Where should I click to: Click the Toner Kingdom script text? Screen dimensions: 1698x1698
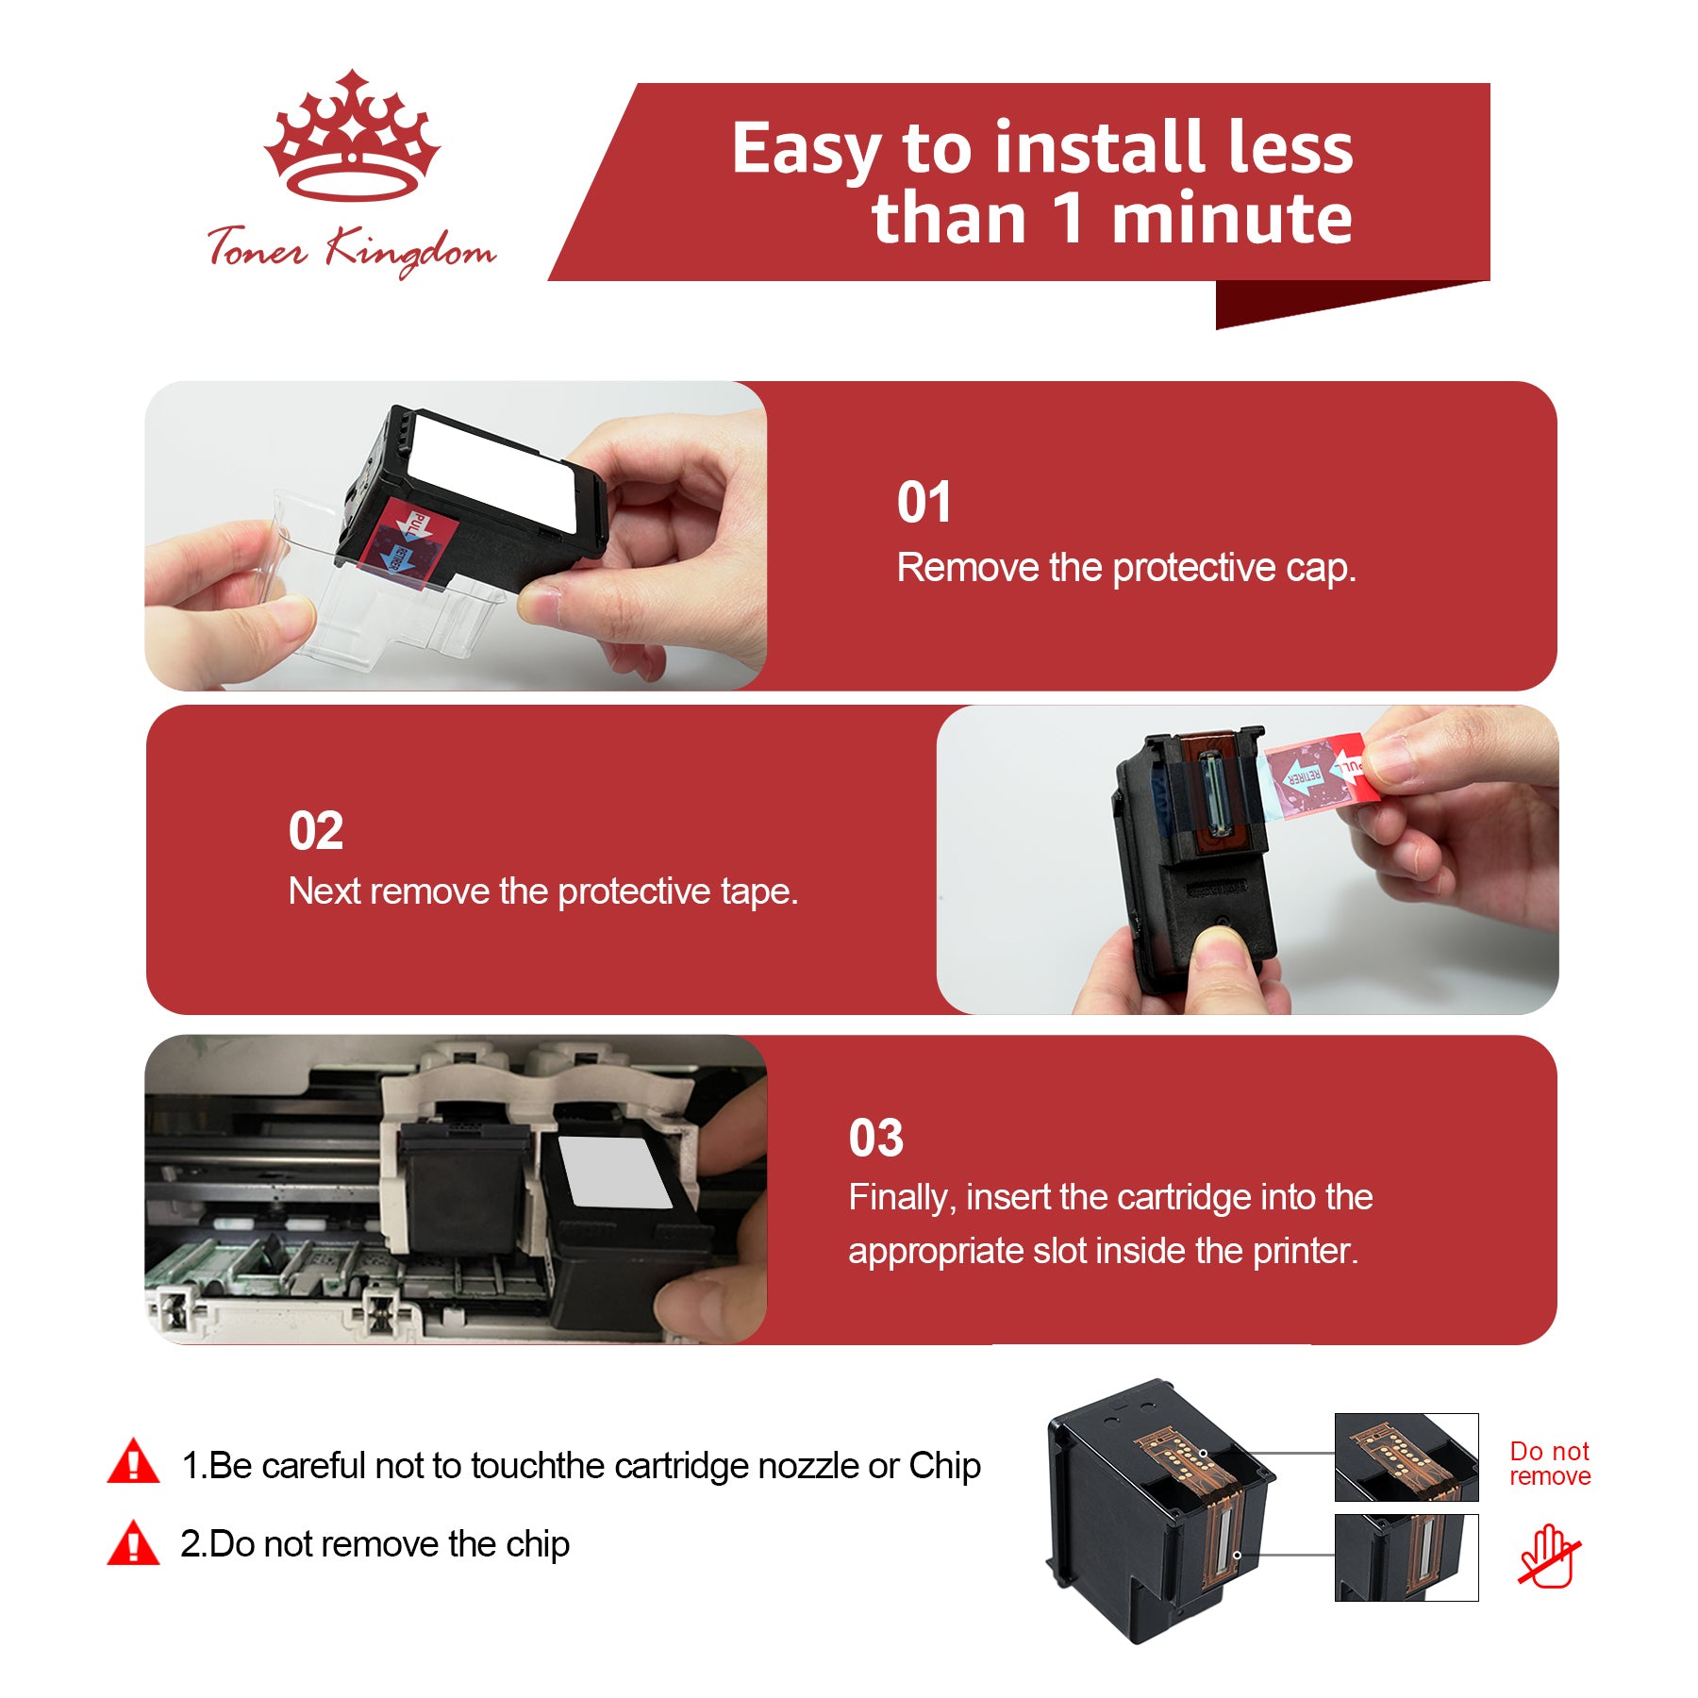(x=351, y=250)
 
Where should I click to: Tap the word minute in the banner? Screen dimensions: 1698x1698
(x=1231, y=219)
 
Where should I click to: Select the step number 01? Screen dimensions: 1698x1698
(x=924, y=502)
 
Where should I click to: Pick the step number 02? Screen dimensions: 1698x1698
(x=316, y=831)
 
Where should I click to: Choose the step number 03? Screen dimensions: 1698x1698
(x=875, y=1138)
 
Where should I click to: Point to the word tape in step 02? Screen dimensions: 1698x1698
(x=759, y=892)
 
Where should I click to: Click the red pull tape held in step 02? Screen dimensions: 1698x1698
(x=1321, y=776)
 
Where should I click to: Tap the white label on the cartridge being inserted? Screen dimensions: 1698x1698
(x=614, y=1173)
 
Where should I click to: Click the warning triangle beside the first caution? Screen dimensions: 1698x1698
(x=133, y=1461)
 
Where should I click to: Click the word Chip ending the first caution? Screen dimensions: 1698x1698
(x=944, y=1466)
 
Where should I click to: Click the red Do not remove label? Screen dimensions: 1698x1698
(x=1550, y=1463)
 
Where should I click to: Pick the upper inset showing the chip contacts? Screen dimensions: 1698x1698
(x=1407, y=1457)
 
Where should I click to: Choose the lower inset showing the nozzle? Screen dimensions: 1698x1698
(x=1407, y=1557)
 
